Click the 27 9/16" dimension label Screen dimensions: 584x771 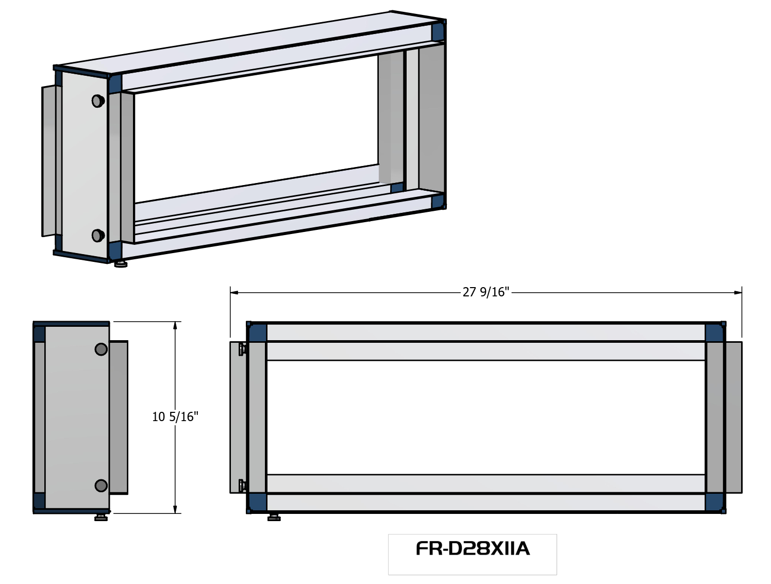tap(485, 292)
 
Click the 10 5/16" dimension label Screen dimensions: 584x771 tap(175, 416)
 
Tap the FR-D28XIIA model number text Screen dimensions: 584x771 tap(473, 549)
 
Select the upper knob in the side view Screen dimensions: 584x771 tap(101, 349)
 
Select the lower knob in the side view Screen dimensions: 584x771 tap(101, 486)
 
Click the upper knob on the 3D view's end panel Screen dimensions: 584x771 tap(98, 101)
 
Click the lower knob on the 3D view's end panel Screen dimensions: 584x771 tap(98, 236)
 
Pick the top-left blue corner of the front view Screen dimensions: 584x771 tap(257, 332)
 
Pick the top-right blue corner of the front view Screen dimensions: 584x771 tap(714, 332)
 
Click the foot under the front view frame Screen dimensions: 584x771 tap(274, 517)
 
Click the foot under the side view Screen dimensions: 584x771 tap(102, 517)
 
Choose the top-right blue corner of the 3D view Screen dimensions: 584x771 tap(438, 31)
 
